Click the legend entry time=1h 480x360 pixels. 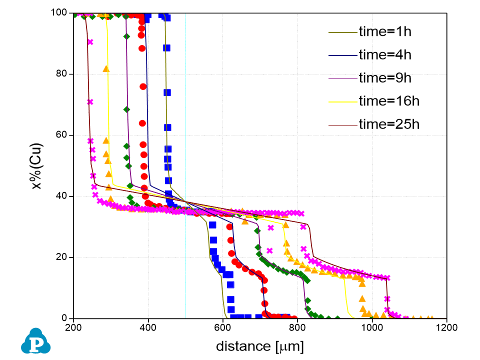384,32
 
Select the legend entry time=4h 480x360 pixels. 384,54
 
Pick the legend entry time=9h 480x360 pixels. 384,77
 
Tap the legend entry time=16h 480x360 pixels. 388,100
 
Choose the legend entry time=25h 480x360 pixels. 388,123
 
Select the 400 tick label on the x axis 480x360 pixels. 148,328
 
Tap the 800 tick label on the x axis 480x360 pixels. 297,328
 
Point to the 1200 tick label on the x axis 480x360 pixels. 446,328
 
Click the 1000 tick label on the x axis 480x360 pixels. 372,328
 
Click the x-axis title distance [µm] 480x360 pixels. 259,346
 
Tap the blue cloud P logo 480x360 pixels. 33,341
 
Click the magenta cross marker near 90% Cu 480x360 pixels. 90,42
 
